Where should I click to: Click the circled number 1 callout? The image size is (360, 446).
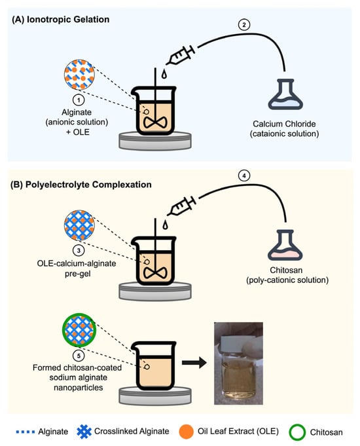[79, 100]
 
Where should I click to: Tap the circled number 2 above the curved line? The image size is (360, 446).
[243, 25]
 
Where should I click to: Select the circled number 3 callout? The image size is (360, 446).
[79, 250]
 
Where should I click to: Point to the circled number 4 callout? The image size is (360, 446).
[243, 176]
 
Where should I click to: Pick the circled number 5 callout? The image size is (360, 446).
[79, 355]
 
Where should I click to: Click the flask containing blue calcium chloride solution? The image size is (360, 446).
[285, 94]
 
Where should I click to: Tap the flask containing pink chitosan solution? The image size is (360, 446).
[285, 245]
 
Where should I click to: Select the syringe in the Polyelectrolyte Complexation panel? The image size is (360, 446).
[181, 206]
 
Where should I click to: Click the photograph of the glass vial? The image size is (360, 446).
[238, 363]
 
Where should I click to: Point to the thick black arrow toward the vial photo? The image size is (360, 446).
[194, 363]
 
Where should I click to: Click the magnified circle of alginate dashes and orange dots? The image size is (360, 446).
[79, 74]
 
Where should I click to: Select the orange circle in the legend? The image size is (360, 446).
[187, 432]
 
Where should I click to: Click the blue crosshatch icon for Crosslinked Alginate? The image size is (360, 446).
[84, 432]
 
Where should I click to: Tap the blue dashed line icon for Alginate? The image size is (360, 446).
[26, 432]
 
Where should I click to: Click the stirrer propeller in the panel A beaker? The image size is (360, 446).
[155, 122]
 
